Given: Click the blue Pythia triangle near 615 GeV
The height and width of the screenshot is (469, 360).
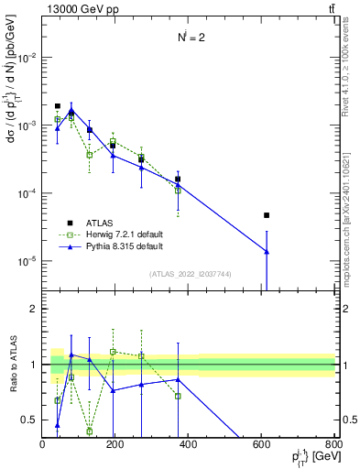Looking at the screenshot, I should [267, 251].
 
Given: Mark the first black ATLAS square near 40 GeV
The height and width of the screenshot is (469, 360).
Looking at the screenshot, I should [58, 106].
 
